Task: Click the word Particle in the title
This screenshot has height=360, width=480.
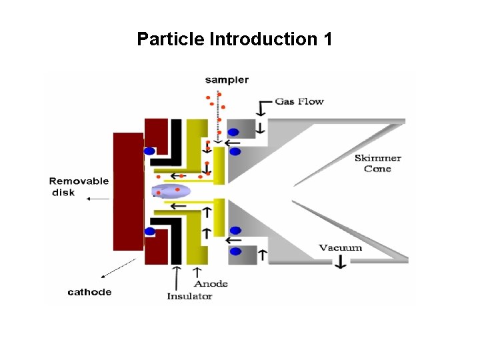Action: point(171,39)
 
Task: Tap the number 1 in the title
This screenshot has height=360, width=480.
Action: point(327,39)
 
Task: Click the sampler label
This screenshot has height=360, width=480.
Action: point(227,80)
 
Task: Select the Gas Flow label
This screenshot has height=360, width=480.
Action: point(300,101)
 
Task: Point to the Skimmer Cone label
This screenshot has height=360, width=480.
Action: point(377,163)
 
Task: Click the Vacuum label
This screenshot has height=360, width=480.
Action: point(340,247)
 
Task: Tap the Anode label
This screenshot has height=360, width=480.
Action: point(212,283)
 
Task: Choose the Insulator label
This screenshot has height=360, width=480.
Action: point(189,296)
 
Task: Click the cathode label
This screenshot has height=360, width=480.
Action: point(89,292)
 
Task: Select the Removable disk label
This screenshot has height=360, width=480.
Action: point(79,187)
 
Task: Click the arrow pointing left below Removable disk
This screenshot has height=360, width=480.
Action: point(98,199)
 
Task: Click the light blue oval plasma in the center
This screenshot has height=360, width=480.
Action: point(172,192)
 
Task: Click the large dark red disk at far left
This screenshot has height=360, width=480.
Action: point(128,191)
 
